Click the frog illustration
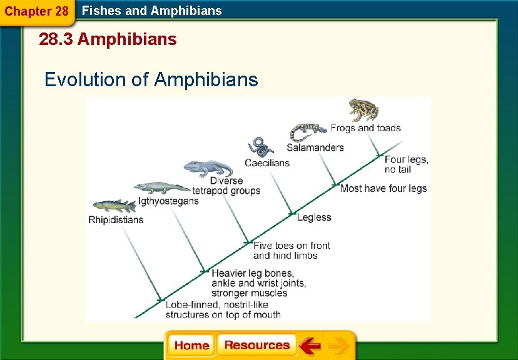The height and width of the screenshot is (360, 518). [x=363, y=110]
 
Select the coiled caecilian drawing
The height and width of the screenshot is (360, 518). [x=260, y=147]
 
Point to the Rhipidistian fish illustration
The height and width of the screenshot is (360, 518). [x=113, y=206]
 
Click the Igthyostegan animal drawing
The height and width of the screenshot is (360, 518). [x=161, y=188]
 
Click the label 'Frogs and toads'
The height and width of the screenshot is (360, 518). [x=365, y=128]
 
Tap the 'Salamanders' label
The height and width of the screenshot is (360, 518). [x=315, y=148]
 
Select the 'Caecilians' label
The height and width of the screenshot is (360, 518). [x=267, y=163]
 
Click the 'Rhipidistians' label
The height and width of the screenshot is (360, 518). [x=116, y=220]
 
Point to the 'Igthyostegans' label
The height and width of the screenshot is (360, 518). [x=168, y=201]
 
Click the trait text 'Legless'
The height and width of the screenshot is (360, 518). [x=314, y=217]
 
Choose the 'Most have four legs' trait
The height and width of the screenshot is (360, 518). [x=383, y=188]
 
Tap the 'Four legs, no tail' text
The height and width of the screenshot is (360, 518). [x=406, y=164]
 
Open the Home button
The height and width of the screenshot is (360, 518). [x=191, y=346]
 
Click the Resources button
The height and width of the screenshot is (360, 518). [x=256, y=346]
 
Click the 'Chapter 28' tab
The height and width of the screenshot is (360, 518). [x=36, y=12]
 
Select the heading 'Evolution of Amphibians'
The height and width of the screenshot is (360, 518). [x=151, y=80]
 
